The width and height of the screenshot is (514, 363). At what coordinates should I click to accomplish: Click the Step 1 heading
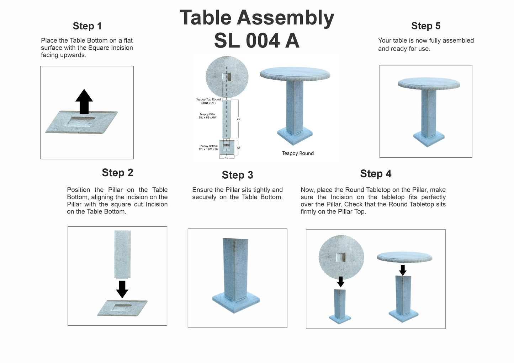coord(87,26)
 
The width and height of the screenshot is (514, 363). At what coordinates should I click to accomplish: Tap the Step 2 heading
coord(117,173)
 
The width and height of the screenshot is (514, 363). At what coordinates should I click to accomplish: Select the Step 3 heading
coord(237,175)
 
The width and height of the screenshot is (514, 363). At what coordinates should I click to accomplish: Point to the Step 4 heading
coord(376,174)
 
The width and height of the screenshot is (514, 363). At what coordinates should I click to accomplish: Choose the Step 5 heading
coord(426,26)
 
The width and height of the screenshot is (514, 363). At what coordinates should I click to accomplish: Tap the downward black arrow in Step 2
coord(122,289)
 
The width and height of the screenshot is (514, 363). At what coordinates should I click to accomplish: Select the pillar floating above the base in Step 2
coord(122,254)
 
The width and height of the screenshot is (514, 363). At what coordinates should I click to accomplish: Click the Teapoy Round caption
coord(298,153)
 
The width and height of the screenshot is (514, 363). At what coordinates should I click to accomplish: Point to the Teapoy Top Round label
coord(208,101)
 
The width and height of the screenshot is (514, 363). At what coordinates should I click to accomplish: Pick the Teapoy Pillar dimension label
coord(207,116)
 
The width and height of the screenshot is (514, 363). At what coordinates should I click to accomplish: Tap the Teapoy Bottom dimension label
coord(208,148)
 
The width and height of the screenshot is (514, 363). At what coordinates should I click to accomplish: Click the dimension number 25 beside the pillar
coord(238,119)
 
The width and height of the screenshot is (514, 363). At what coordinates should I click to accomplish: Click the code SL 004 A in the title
coord(256,40)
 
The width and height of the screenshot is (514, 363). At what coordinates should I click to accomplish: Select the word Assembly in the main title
coord(285,18)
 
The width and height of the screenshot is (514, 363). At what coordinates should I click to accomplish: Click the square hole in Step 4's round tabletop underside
coord(341,257)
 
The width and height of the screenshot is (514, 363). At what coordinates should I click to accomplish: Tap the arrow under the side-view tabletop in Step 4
coord(403,270)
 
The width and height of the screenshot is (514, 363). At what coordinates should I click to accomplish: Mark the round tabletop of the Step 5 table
coord(429,84)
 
